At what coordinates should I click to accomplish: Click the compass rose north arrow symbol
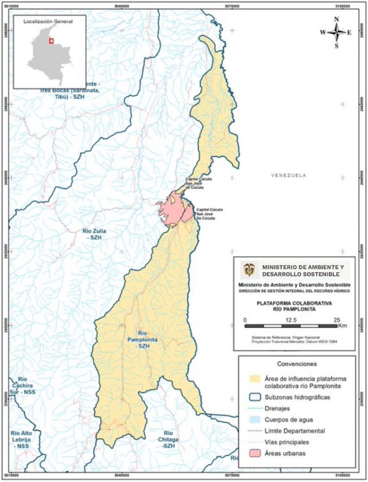[x=337, y=32]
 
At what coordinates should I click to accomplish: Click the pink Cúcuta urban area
[x=172, y=209]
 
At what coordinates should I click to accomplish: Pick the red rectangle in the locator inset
[x=51, y=41]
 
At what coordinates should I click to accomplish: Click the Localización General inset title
[x=49, y=21]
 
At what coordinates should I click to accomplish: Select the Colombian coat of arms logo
[x=249, y=270]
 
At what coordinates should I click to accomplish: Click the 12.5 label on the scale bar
[x=291, y=320]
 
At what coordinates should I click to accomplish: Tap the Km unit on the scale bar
[x=342, y=325]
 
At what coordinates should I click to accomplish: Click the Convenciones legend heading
[x=297, y=364]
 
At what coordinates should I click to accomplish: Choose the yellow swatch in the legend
[x=256, y=378]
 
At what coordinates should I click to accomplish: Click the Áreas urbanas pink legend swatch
[x=256, y=453]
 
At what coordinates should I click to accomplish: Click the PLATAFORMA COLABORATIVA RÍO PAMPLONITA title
[x=295, y=306]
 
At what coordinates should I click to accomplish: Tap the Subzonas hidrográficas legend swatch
[x=256, y=397]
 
